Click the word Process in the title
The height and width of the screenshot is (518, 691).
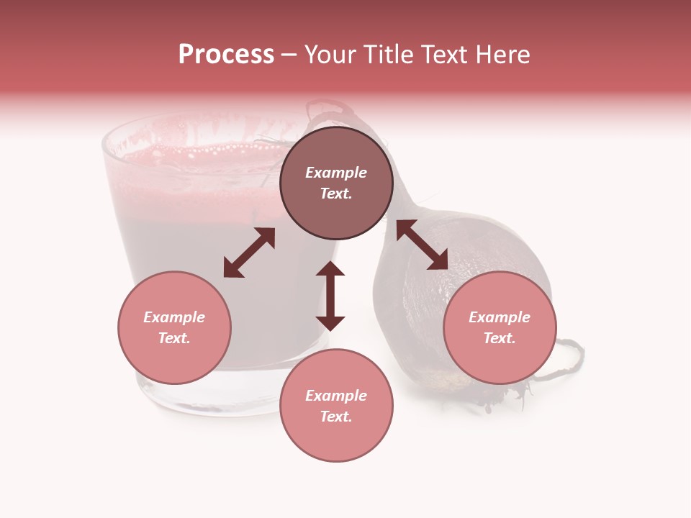click(226, 55)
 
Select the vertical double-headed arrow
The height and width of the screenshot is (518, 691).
click(330, 296)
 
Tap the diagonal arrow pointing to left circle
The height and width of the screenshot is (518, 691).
click(249, 253)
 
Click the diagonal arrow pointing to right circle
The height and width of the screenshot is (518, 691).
click(422, 245)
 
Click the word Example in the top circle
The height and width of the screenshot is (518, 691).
click(336, 173)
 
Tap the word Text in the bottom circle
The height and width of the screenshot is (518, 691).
click(336, 417)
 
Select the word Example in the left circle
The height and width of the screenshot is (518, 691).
click(174, 317)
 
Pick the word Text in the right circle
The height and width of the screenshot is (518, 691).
click(500, 338)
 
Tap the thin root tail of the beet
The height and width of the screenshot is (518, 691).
click(569, 360)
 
